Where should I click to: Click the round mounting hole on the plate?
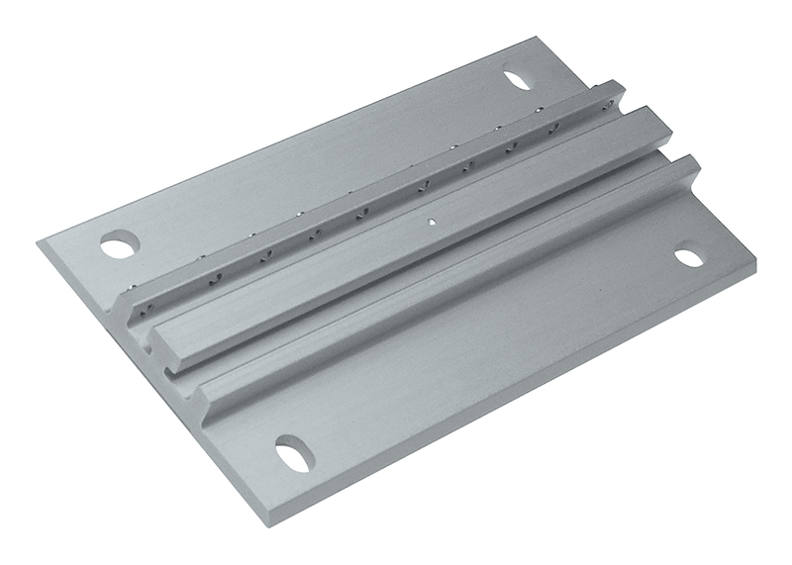pyautogui.click(x=119, y=243)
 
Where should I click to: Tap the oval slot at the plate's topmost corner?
pyautogui.click(x=518, y=76)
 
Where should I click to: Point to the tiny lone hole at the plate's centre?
pyautogui.click(x=432, y=222)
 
